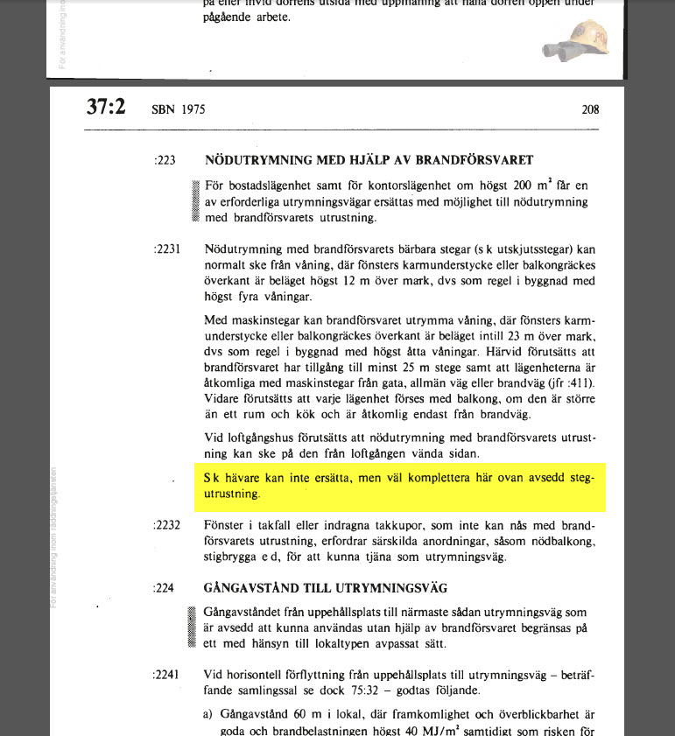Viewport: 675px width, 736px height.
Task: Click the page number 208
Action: point(589,110)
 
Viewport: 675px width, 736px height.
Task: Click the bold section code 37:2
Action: point(106,108)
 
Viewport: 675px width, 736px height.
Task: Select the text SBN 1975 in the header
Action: point(179,110)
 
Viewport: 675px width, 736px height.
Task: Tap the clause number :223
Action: point(164,161)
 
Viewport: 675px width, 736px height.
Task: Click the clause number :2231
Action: point(166,249)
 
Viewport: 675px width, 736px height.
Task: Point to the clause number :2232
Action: point(166,526)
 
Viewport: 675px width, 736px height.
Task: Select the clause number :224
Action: point(164,588)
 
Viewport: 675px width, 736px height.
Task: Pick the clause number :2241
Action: point(166,675)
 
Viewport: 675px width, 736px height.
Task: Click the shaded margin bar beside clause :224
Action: point(193,627)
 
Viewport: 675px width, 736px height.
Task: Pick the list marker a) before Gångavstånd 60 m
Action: point(208,715)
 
